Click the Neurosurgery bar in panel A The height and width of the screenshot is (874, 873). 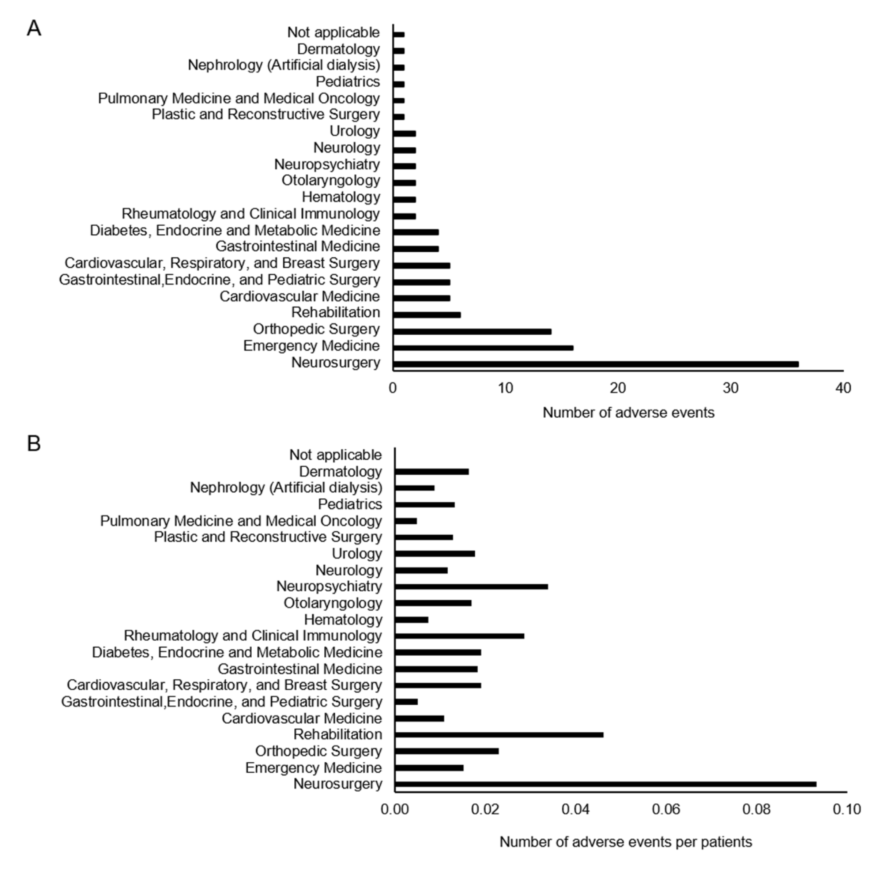click(595, 364)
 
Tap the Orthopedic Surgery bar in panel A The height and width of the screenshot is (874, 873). click(472, 331)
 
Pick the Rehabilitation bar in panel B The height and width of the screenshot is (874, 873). click(499, 735)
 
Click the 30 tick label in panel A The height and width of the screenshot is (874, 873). click(731, 388)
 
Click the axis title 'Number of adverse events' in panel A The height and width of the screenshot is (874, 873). click(628, 413)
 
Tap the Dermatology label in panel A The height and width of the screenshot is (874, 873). click(338, 49)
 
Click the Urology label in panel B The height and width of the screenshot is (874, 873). click(357, 553)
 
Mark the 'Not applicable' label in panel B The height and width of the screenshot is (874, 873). click(335, 455)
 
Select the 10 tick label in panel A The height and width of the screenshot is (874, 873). click(505, 388)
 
